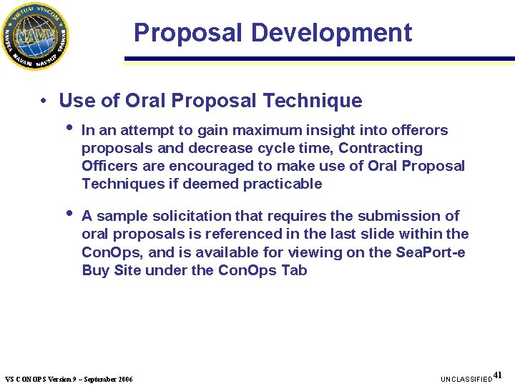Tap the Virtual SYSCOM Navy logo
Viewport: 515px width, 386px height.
34,35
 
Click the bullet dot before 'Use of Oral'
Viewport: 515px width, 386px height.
44,102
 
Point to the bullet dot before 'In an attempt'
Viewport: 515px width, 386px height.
69,129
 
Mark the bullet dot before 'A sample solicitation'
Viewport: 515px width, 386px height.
69,214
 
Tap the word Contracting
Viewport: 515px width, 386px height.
381,148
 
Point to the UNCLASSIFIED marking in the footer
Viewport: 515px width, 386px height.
466,378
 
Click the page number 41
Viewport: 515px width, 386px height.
499,375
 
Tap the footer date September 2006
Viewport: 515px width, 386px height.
107,378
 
